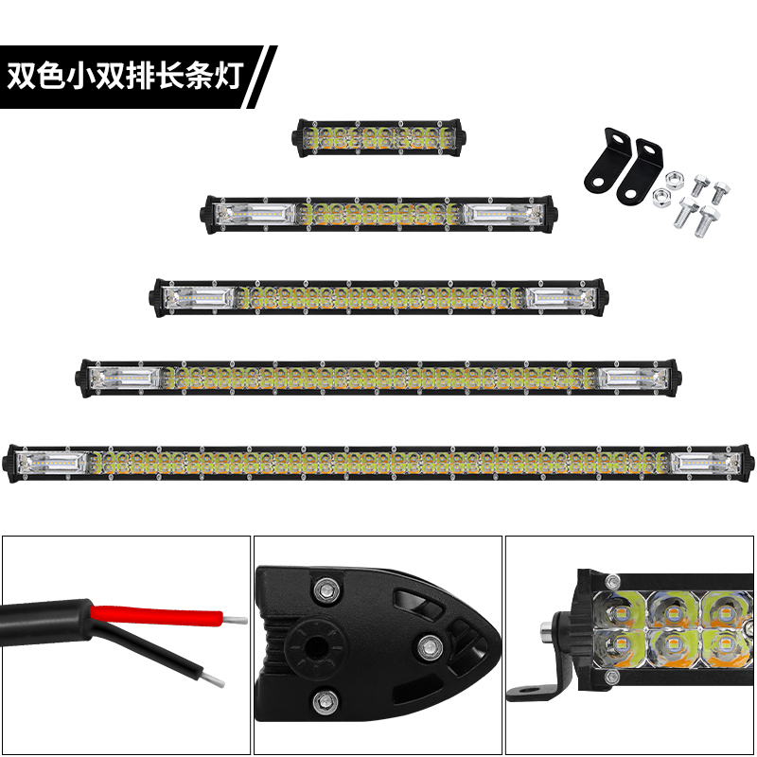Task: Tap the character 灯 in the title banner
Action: point(227,77)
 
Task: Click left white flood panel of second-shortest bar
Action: point(255,215)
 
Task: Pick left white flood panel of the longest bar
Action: point(52,463)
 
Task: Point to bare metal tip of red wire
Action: point(235,620)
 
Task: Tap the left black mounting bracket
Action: point(607,159)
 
